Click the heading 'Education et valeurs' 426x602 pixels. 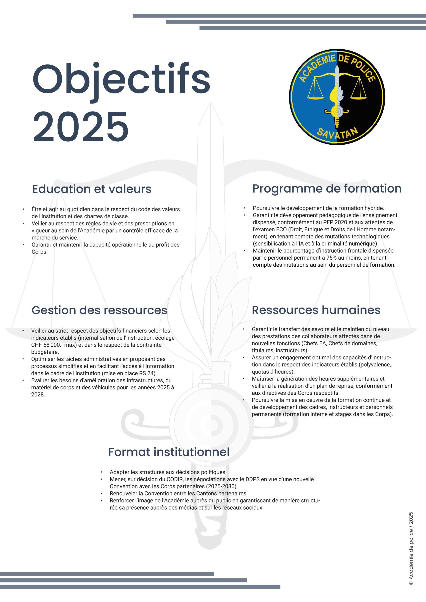92,189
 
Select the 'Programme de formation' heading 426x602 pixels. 327,189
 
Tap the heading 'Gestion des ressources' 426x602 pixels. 99,310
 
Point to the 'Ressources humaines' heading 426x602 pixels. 316,310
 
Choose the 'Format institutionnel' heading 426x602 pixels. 169,452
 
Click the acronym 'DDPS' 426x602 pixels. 253,479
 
